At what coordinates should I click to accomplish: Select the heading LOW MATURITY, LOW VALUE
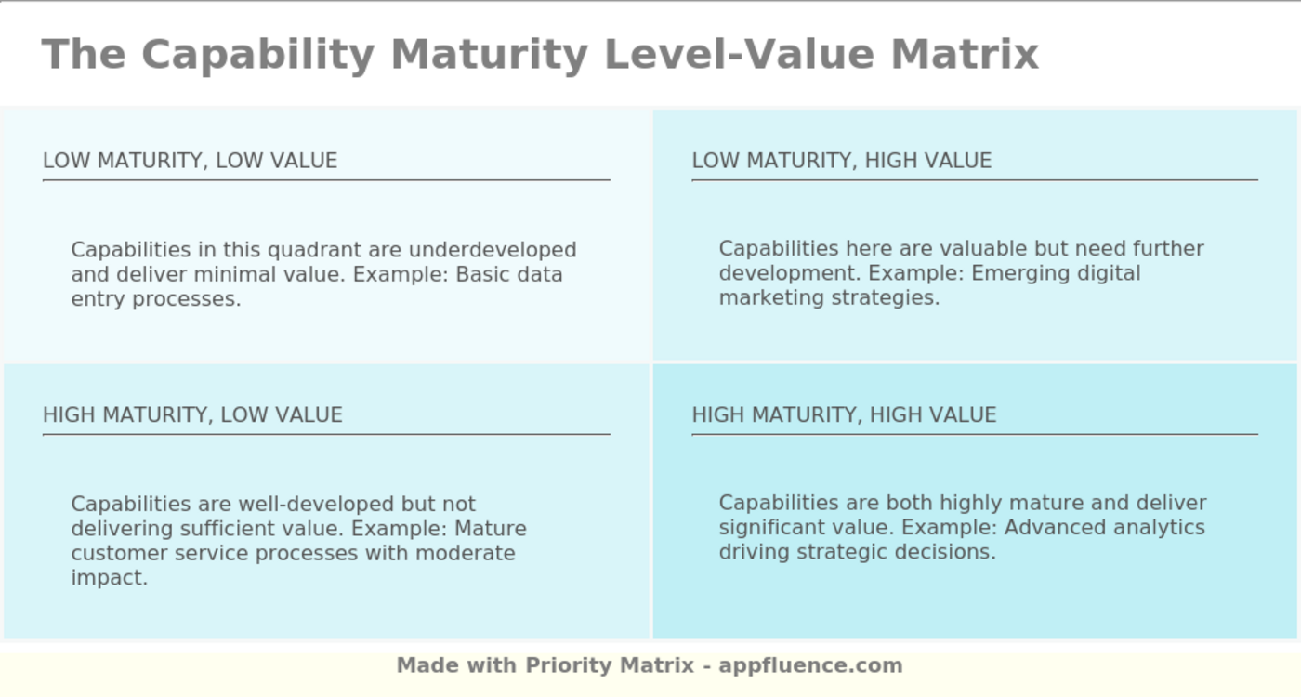(190, 161)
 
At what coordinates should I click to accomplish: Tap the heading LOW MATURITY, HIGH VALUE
(841, 161)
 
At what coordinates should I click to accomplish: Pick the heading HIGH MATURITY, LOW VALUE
(192, 414)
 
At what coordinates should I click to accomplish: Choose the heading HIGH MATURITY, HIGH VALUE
(844, 414)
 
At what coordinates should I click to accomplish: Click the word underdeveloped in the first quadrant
(493, 250)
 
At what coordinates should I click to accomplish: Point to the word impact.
(109, 577)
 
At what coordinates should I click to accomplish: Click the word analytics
(1163, 528)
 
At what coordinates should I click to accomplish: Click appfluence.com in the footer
(810, 665)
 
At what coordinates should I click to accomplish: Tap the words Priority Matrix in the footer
(610, 665)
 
